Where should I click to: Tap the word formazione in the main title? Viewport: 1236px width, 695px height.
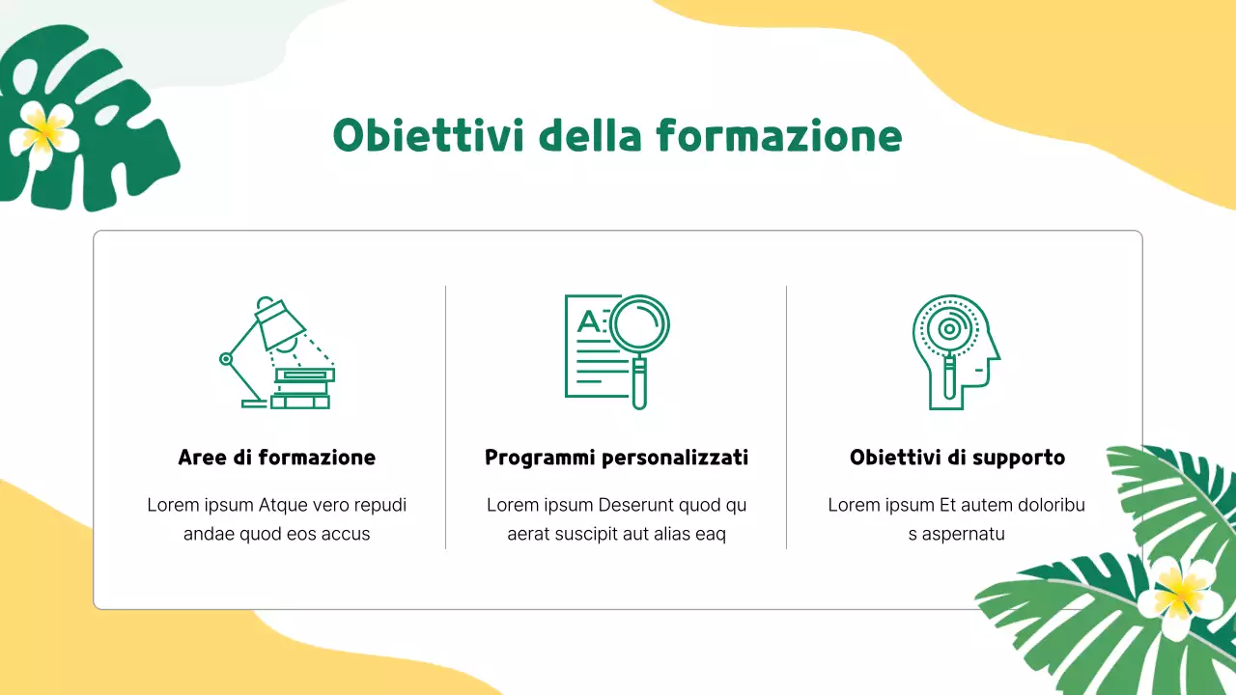point(779,135)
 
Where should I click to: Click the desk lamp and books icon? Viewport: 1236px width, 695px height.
point(277,352)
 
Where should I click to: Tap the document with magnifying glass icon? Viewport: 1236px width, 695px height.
point(617,350)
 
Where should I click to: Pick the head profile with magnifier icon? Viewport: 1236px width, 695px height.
point(954,351)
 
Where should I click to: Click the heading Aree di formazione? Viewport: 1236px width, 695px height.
point(277,458)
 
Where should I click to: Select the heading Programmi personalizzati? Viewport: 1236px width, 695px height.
point(616,458)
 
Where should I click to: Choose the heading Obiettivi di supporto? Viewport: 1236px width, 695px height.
point(957,458)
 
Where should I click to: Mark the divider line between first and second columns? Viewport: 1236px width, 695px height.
point(445,417)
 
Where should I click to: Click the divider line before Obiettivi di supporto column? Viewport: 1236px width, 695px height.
point(786,417)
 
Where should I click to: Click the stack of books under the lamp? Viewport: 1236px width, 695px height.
point(301,388)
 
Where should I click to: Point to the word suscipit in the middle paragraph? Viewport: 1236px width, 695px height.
point(589,534)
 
